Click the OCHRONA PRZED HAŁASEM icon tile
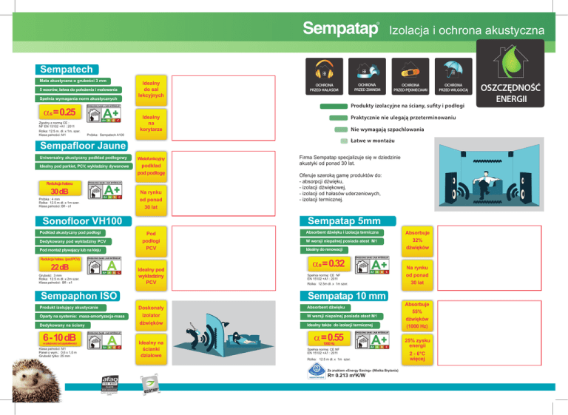pyautogui.click(x=325, y=77)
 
